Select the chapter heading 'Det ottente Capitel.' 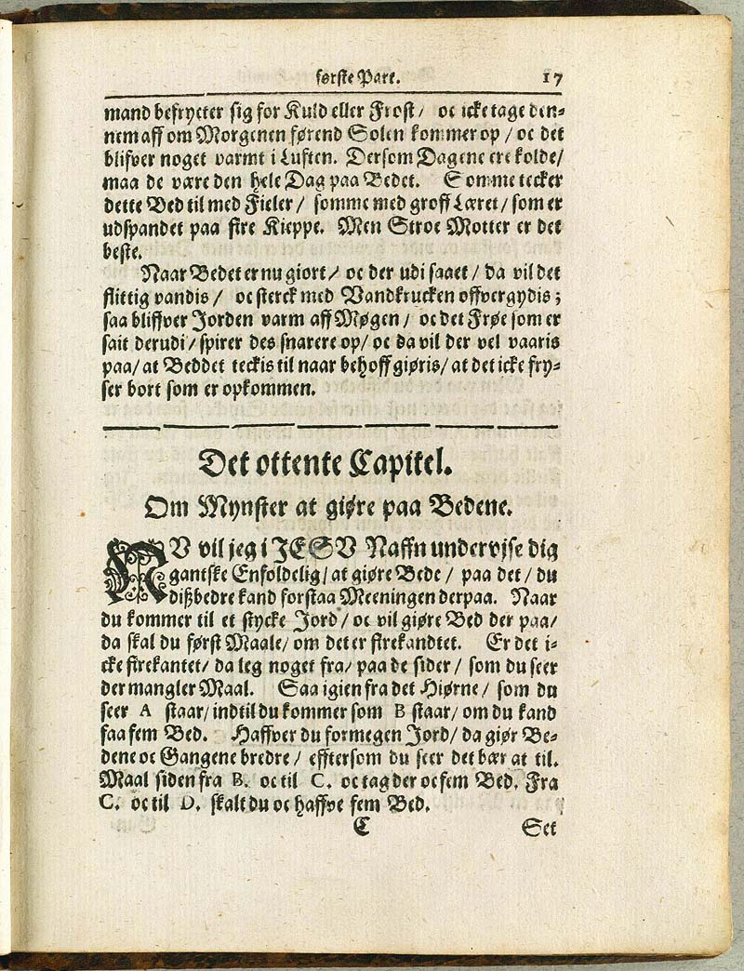tap(332, 462)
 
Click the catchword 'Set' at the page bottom tap(539, 826)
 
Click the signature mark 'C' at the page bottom tap(361, 825)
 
